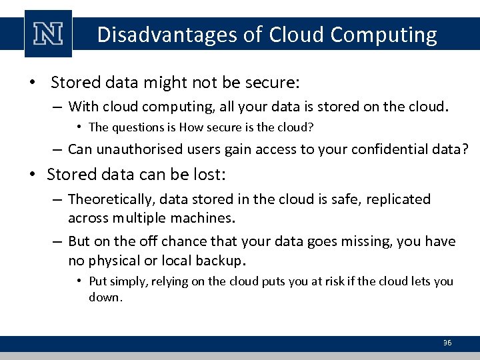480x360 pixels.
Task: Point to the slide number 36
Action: pos(447,343)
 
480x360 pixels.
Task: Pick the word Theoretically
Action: pos(110,199)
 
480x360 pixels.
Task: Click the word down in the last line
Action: pos(105,297)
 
